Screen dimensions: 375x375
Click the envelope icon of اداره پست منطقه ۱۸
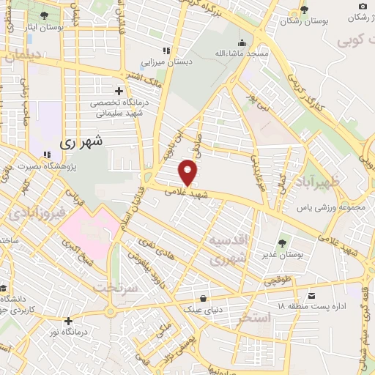click(313, 297)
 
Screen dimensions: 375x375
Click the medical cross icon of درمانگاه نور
click(68, 321)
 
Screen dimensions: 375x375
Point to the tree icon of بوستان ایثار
click(44, 15)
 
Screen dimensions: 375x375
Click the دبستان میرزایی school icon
click(166, 51)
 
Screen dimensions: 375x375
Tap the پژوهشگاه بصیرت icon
click(47, 155)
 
